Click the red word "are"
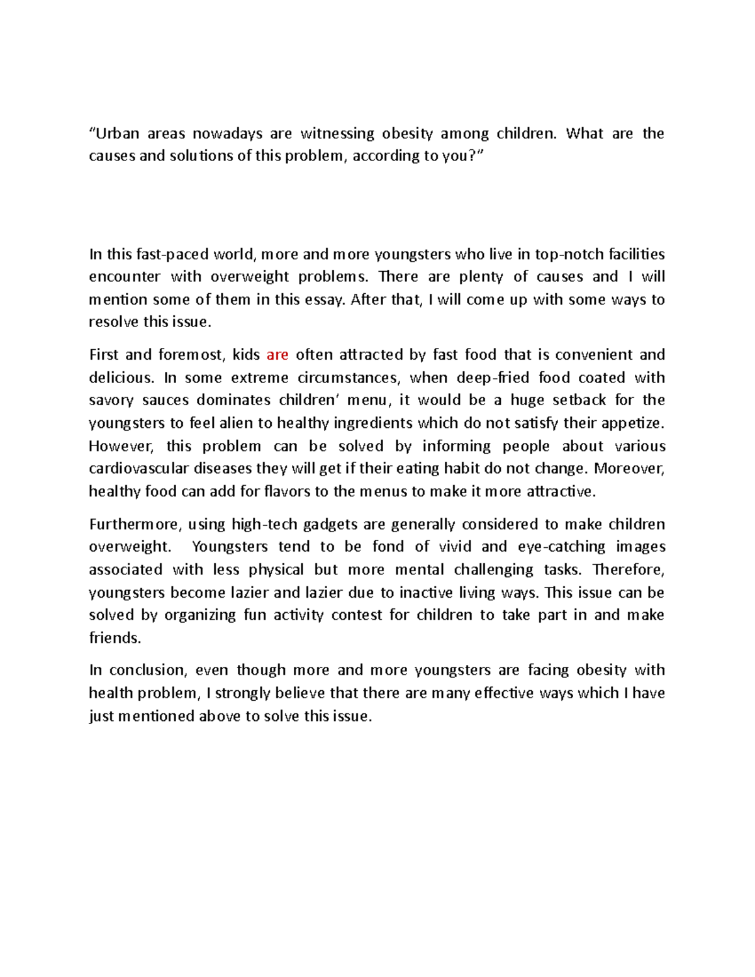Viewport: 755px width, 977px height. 277,355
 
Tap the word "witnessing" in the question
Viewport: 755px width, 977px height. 337,133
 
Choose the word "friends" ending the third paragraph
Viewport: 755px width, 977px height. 114,638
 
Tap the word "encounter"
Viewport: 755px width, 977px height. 125,277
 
